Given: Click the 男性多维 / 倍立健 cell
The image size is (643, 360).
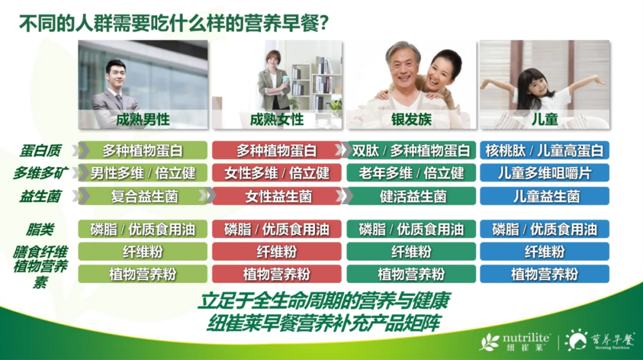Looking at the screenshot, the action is coord(143,173).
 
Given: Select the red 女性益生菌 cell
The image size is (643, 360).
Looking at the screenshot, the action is coord(277,196).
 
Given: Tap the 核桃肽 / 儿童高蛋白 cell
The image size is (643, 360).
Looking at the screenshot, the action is coord(545,151).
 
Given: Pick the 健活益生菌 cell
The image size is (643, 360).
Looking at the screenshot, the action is coord(411,196).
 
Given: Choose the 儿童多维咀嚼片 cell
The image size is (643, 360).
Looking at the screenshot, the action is coord(545,173).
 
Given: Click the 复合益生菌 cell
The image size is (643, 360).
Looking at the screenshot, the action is coord(143,196).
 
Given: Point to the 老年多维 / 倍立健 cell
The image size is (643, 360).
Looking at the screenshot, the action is coord(411,173).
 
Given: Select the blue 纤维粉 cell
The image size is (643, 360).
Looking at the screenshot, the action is coord(545,251).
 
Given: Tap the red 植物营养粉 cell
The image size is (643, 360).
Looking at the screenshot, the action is coord(277,274).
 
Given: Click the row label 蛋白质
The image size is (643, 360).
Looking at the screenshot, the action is coord(40,151).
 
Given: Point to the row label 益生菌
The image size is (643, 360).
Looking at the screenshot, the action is coord(40,196).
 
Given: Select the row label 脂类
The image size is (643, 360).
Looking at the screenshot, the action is coord(40,230).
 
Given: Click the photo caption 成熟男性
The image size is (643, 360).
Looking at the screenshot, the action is coord(143,120).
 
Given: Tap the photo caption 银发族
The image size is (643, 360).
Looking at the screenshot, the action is coord(411,120).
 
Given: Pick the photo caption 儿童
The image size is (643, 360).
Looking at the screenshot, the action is coord(545,120).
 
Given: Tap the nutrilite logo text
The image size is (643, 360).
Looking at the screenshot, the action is coord(526,337).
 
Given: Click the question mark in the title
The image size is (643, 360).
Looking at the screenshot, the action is coord(323,24).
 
